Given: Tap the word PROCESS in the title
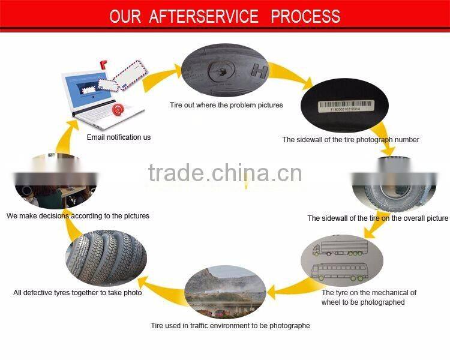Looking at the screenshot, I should [x=305, y=16].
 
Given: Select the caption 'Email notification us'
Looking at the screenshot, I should [x=119, y=137].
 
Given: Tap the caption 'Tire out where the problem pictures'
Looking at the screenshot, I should [x=226, y=105].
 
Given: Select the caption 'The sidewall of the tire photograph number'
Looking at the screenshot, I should [x=350, y=140].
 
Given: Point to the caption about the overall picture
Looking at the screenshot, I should [x=377, y=218].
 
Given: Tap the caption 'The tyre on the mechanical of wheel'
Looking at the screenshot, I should [x=368, y=297].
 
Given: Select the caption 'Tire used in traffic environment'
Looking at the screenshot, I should [x=230, y=326].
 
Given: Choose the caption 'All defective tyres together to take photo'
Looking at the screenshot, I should [x=78, y=293].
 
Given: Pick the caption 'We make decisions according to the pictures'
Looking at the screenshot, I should [x=78, y=215].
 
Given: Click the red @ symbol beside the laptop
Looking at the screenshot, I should [x=118, y=109].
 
